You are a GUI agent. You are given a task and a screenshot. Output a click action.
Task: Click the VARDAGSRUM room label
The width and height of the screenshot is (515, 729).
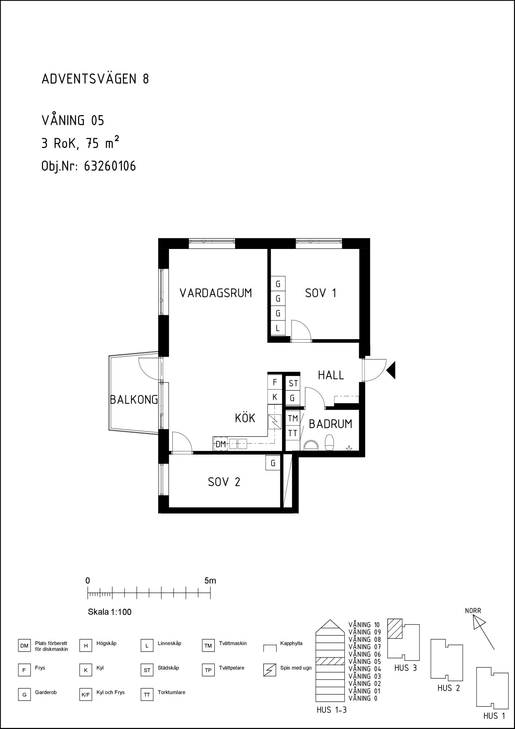click(x=216, y=293)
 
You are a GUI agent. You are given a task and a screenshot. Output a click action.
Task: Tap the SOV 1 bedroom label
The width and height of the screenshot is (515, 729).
click(x=321, y=293)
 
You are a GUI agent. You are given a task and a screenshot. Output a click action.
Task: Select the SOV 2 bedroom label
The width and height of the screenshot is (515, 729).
click(x=224, y=482)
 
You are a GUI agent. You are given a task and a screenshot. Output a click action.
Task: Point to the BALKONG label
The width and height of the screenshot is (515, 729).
click(x=134, y=400)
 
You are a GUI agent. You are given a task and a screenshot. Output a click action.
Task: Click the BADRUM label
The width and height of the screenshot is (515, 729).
click(x=331, y=424)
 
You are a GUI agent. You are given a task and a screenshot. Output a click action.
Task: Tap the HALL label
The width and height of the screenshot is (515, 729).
click(x=331, y=375)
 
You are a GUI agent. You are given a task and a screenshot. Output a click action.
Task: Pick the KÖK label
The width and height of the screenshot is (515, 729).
click(x=245, y=418)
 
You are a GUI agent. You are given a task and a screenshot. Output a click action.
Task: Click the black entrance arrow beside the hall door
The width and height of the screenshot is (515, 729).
click(x=391, y=371)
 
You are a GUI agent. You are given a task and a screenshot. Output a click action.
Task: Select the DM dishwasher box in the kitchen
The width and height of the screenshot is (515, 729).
click(x=221, y=444)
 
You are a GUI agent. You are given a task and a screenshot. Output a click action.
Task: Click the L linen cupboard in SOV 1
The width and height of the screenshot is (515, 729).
click(x=278, y=328)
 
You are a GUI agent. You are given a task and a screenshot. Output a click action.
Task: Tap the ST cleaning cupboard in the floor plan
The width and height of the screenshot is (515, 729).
click(x=293, y=383)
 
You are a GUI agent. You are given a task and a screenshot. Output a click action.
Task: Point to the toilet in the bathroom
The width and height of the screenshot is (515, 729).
click(x=329, y=443)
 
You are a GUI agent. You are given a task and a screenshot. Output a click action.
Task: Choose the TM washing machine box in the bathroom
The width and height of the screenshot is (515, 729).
click(x=293, y=418)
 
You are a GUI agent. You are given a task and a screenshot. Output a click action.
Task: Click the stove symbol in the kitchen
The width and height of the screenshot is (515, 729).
click(x=275, y=422)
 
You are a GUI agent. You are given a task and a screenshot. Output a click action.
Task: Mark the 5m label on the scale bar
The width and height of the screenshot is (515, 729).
click(x=210, y=581)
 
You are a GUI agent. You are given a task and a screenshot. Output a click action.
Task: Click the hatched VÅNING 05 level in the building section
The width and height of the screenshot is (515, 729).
click(x=330, y=661)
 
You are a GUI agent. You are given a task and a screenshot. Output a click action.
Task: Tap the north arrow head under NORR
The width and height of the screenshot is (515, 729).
click(x=478, y=622)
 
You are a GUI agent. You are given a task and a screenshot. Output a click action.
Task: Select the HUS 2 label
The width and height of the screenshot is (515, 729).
click(x=449, y=688)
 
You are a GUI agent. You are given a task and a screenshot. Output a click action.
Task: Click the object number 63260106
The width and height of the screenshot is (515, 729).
click(x=110, y=166)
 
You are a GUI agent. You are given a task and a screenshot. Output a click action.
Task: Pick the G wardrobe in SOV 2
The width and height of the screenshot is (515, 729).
click(x=273, y=463)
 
